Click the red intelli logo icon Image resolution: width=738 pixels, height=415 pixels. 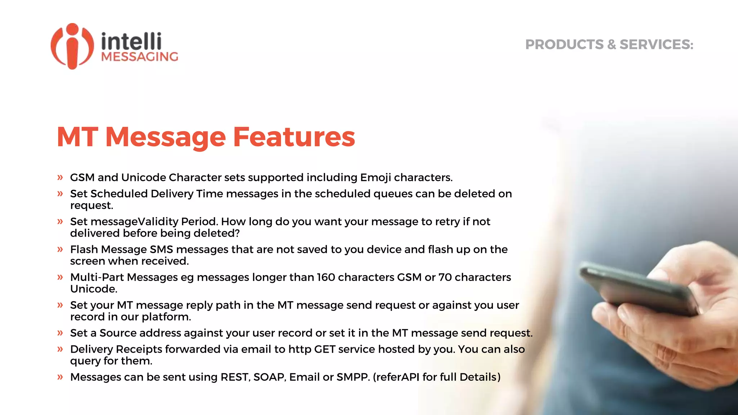[x=72, y=46]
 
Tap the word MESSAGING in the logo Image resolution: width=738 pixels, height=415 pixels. [x=140, y=57]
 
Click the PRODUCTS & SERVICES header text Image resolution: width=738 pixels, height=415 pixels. [x=609, y=45]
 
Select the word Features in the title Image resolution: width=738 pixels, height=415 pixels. [x=294, y=137]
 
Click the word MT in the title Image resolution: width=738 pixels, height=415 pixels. [x=77, y=137]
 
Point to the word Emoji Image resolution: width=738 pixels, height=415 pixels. [x=375, y=178]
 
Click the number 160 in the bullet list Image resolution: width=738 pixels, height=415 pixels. [x=325, y=277]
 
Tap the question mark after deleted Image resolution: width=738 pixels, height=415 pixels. [x=237, y=233]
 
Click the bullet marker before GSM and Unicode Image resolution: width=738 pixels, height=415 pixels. [x=60, y=177]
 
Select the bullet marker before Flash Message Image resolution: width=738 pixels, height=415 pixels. [x=60, y=249]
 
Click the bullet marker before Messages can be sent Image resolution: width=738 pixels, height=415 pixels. [x=60, y=377]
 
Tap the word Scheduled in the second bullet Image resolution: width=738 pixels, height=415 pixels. [x=119, y=194]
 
